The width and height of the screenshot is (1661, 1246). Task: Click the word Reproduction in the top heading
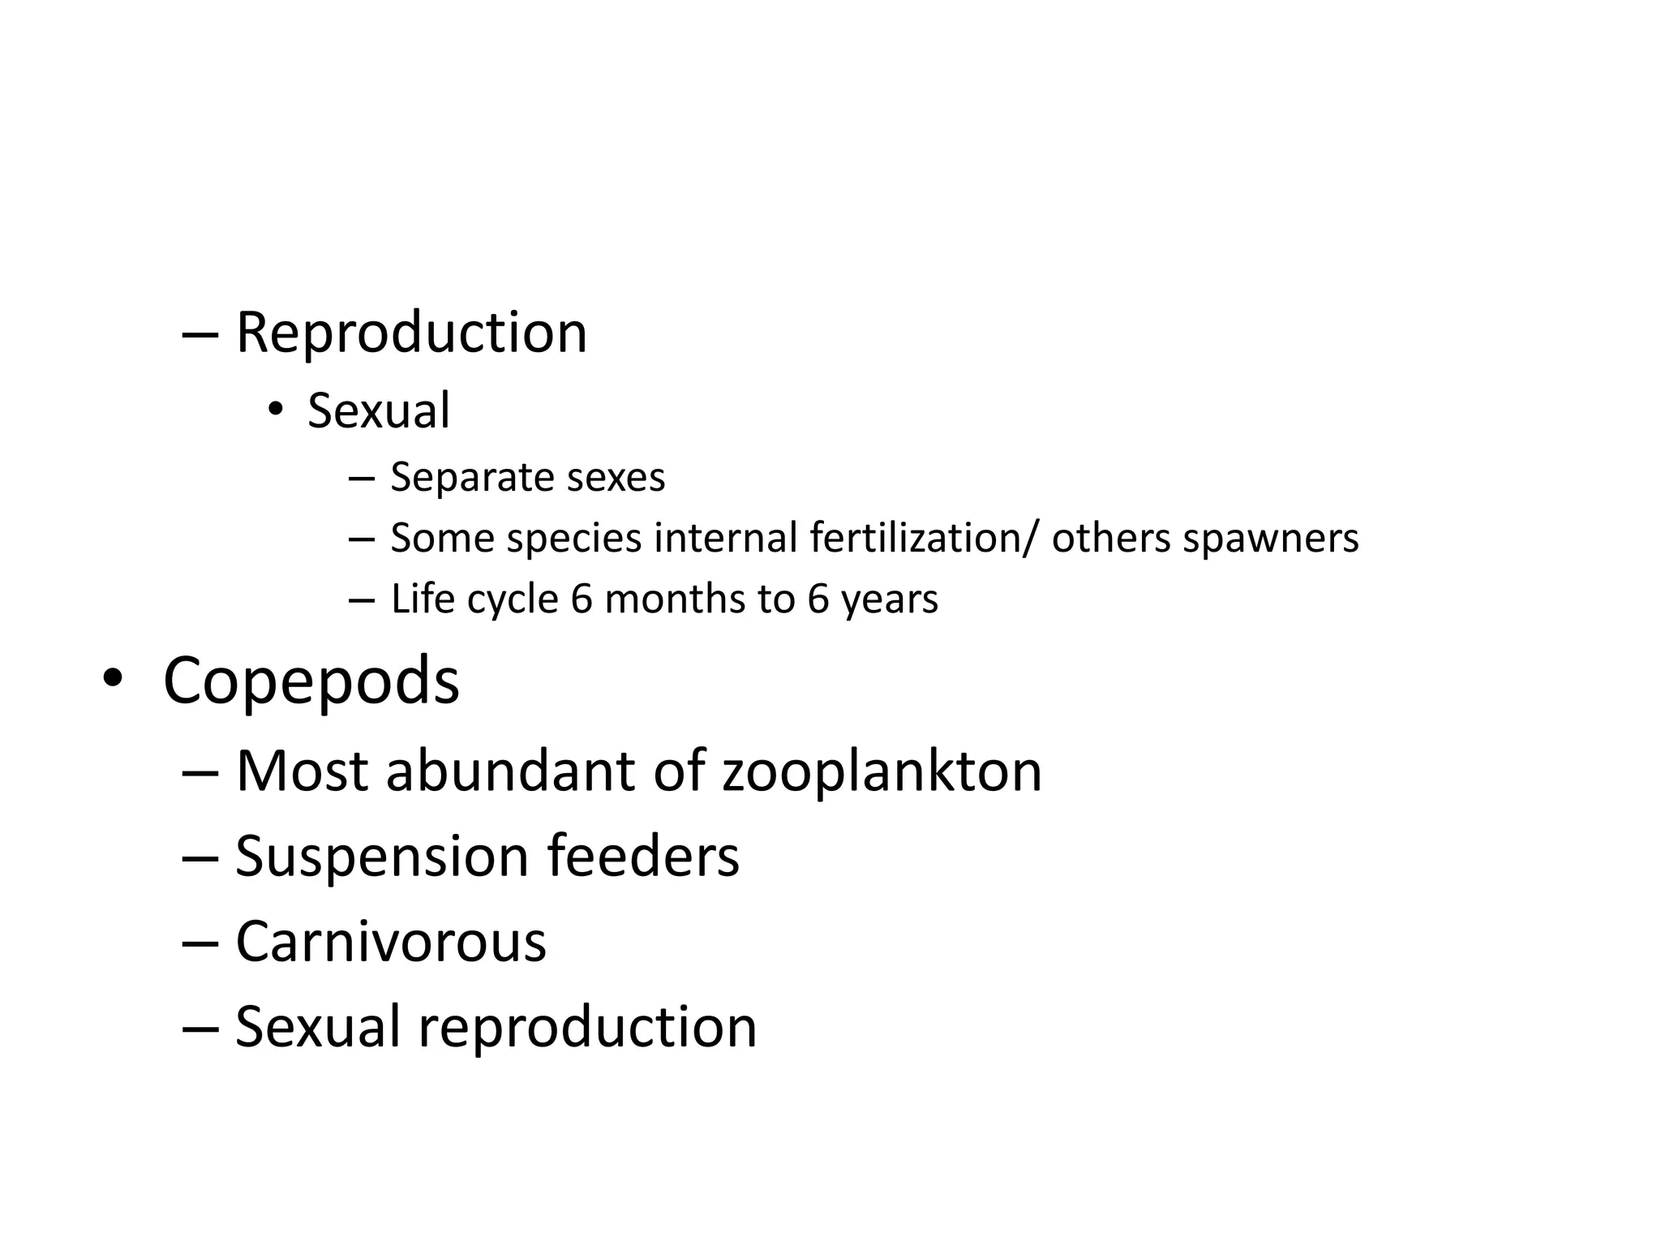click(x=411, y=333)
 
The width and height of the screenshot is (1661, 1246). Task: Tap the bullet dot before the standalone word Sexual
click(x=276, y=409)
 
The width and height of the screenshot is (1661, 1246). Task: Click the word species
click(x=573, y=539)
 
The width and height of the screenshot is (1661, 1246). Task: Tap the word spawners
click(x=1270, y=539)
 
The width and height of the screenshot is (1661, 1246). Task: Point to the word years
click(x=889, y=600)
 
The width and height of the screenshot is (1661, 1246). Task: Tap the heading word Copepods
click(x=311, y=681)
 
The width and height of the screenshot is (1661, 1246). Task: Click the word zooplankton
click(x=882, y=772)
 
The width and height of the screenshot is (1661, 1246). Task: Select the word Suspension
click(x=383, y=857)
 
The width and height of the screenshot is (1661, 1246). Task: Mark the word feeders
click(x=643, y=856)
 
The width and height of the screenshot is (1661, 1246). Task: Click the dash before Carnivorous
click(x=200, y=943)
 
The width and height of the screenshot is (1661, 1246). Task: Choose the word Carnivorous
click(x=391, y=942)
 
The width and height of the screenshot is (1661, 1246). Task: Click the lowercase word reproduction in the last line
click(x=587, y=1028)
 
